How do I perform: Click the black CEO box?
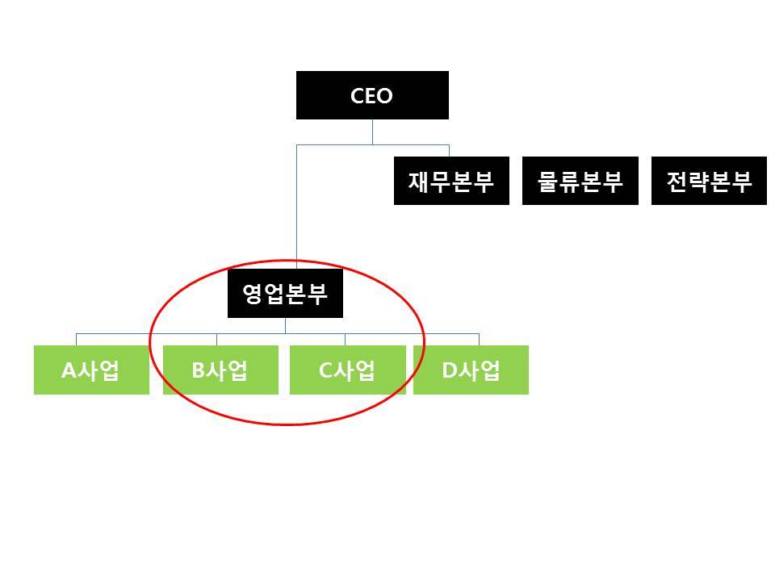pyautogui.click(x=372, y=95)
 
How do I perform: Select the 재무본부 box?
pyautogui.click(x=451, y=181)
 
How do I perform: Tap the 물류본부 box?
pyautogui.click(x=580, y=181)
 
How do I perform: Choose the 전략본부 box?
pyautogui.click(x=709, y=181)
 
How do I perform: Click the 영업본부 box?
pyautogui.click(x=285, y=293)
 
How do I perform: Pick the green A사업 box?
pyautogui.click(x=91, y=370)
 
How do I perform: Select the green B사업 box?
pyautogui.click(x=220, y=370)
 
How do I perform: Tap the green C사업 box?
pyautogui.click(x=347, y=370)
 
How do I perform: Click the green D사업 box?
pyautogui.click(x=471, y=370)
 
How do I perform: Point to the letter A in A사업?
pyautogui.click(x=69, y=370)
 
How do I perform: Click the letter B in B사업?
pyautogui.click(x=199, y=370)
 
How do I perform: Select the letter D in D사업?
pyautogui.click(x=450, y=370)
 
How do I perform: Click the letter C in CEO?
pyautogui.click(x=358, y=96)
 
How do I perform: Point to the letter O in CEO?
pyautogui.click(x=385, y=96)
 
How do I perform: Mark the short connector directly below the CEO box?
pyautogui.click(x=372, y=132)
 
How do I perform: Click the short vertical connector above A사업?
pyautogui.click(x=77, y=339)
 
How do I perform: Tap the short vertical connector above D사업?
pyautogui.click(x=479, y=339)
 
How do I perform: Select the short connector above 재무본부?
pyautogui.click(x=449, y=151)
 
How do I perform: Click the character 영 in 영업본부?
pyautogui.click(x=253, y=294)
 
